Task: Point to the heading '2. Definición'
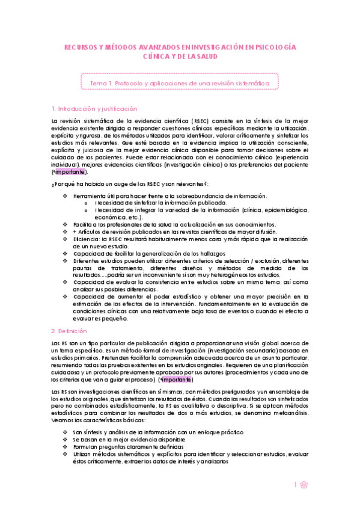(69, 331)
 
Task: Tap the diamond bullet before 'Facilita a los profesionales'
(66, 224)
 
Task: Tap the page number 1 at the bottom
(295, 485)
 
